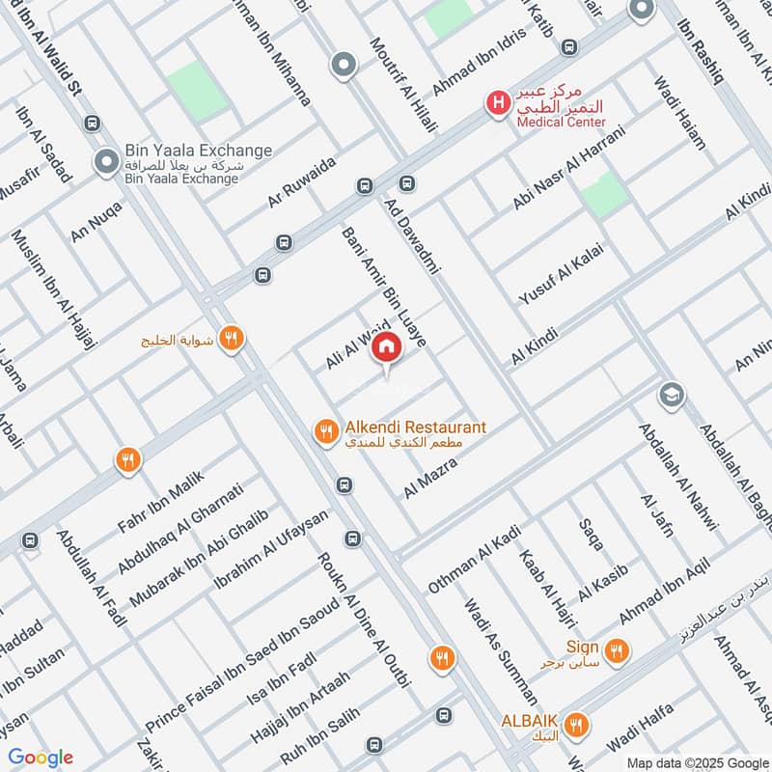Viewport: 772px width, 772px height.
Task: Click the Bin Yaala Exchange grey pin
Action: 106,161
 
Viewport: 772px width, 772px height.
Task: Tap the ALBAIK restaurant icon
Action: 577,724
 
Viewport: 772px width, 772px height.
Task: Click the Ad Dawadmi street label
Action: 412,236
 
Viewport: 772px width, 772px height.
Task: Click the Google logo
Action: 41,758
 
